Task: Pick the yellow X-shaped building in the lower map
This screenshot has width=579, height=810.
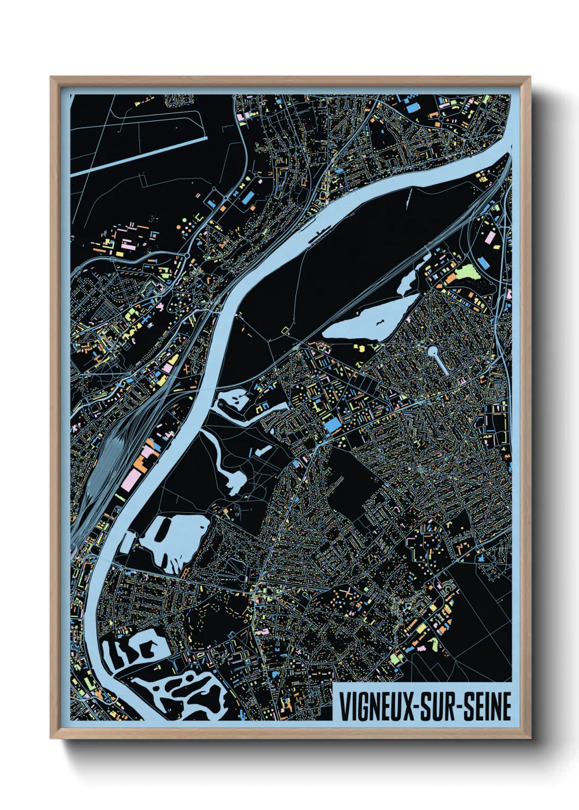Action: point(348,592)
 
